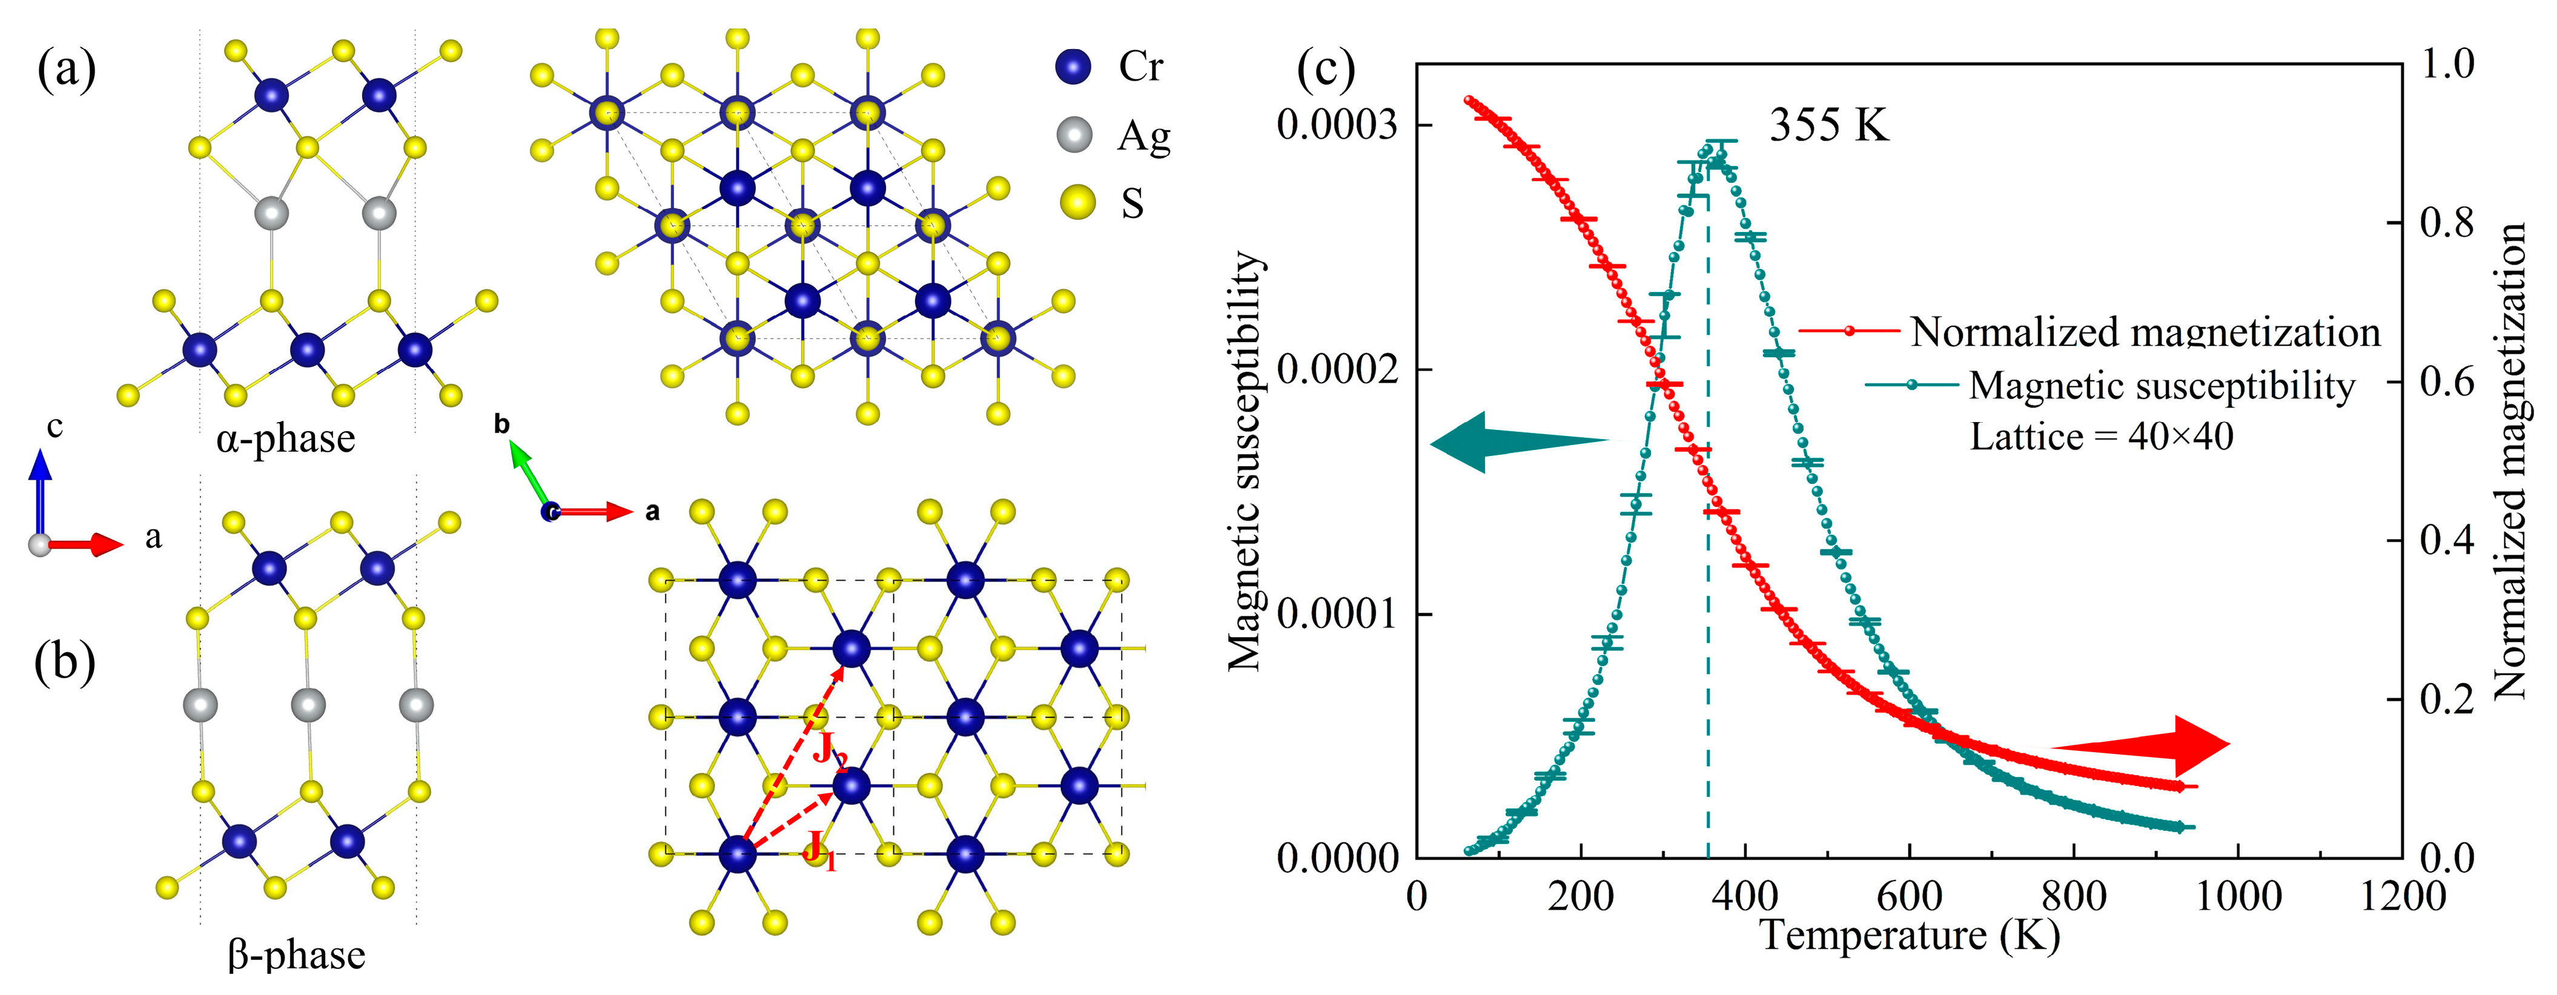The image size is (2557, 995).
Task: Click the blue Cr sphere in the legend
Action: pos(1073,67)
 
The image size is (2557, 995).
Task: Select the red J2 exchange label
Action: pos(830,751)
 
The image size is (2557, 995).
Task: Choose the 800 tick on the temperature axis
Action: pos(2074,897)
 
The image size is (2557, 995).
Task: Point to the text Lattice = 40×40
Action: pos(2102,437)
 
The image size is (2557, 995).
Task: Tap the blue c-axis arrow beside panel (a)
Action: pos(40,492)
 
